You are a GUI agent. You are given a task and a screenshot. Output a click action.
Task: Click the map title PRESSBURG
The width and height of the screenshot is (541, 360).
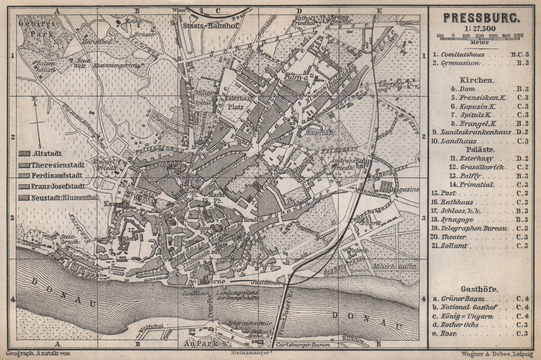point(482,16)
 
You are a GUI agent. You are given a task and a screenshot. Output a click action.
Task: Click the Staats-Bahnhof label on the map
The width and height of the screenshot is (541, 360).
point(208,24)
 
